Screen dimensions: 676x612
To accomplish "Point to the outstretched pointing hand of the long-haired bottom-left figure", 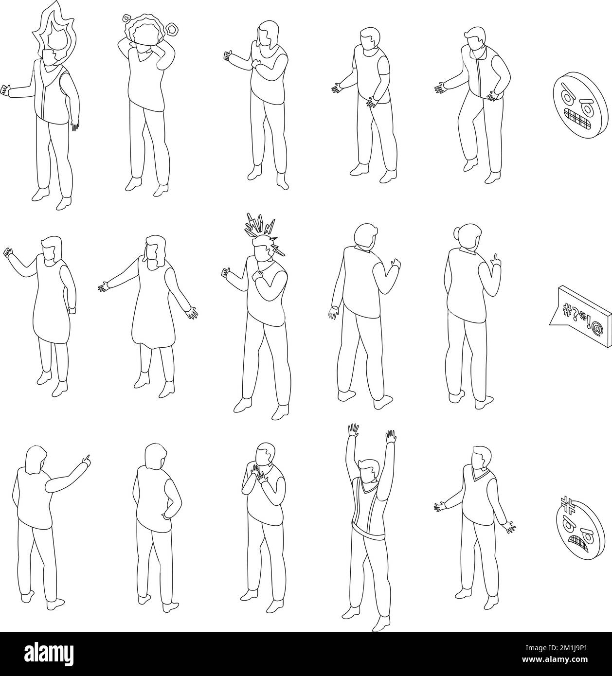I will pyautogui.click(x=86, y=458).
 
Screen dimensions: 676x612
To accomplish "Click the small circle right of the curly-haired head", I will pyautogui.click(x=172, y=31).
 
